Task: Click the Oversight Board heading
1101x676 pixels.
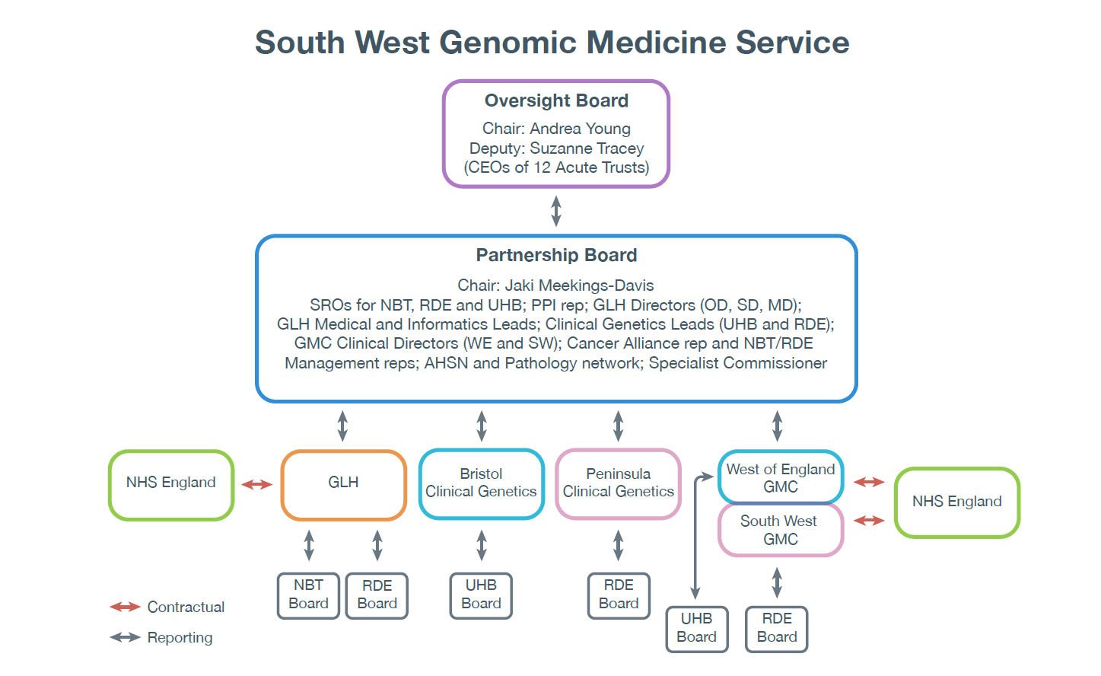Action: (x=556, y=100)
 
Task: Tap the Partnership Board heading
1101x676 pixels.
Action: (x=556, y=255)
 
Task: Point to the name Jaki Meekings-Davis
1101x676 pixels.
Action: (x=580, y=285)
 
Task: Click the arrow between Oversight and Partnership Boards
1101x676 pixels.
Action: (x=556, y=211)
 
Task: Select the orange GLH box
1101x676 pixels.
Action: (x=344, y=485)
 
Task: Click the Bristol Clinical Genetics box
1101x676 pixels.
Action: (x=481, y=483)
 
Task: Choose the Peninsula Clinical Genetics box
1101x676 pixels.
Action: (x=619, y=483)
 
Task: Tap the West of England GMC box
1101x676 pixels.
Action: (x=781, y=477)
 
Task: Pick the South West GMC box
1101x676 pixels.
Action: (x=781, y=530)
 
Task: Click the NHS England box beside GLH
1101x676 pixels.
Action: (x=171, y=485)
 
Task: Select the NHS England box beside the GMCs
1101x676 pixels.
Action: (x=957, y=502)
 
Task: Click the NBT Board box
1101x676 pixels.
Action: (x=308, y=595)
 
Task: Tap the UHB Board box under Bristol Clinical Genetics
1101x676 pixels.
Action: (x=481, y=595)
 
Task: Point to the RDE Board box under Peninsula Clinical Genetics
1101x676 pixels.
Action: (x=619, y=595)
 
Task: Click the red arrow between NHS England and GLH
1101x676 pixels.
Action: (x=257, y=485)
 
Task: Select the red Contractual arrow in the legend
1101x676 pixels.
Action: (x=125, y=607)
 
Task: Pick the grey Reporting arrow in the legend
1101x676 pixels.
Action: (x=125, y=637)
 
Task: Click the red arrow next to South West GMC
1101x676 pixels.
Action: (x=869, y=520)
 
